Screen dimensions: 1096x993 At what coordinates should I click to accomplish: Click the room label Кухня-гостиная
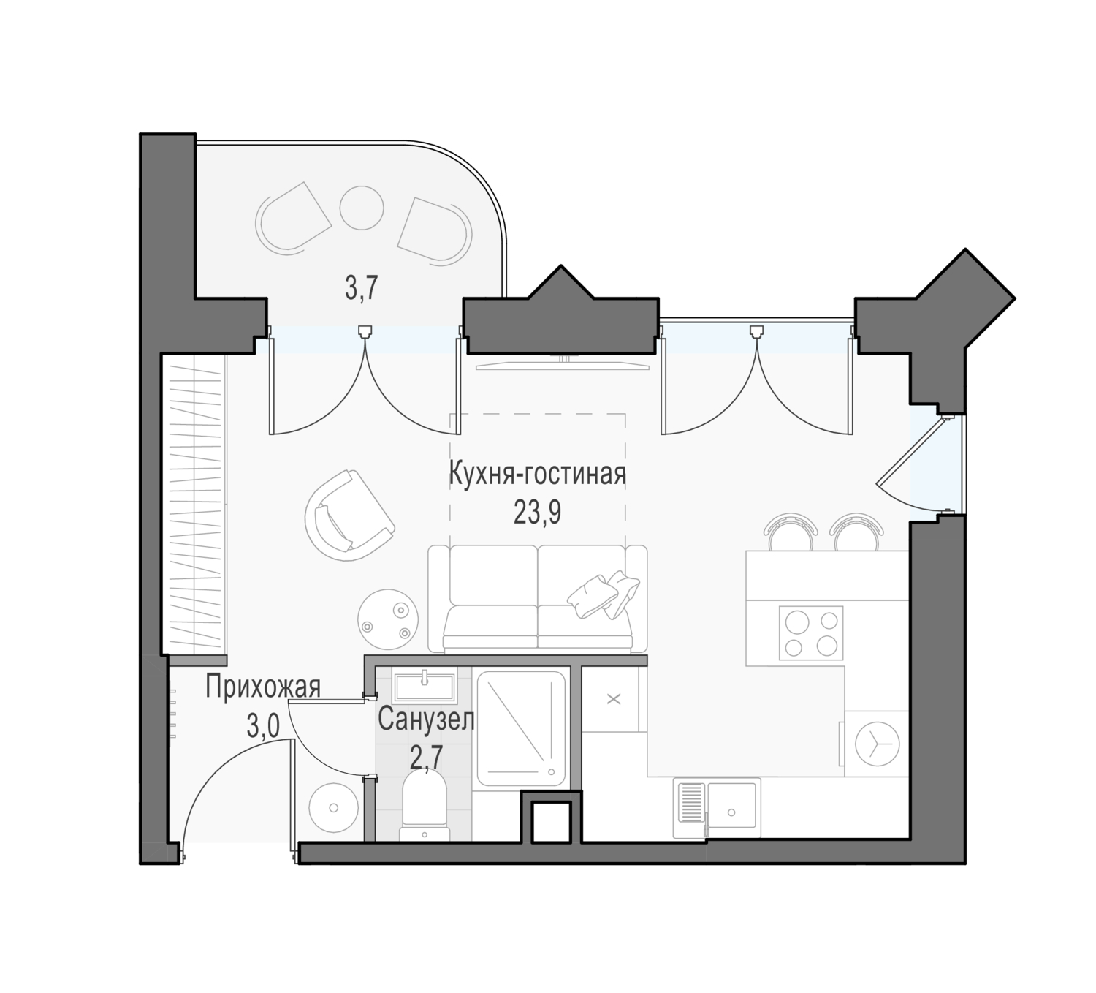pos(537,474)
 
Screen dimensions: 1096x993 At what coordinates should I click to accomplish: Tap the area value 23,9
pos(537,513)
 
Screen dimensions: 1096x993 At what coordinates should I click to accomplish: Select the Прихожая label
pos(262,687)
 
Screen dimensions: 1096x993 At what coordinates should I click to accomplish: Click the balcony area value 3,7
pos(362,288)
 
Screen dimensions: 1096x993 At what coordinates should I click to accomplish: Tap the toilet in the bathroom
pos(425,809)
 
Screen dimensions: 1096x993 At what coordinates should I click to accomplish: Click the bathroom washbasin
pos(425,687)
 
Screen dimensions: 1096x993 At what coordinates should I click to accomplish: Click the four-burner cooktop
pos(811,633)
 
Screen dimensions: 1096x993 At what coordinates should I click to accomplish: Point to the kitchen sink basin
pos(731,809)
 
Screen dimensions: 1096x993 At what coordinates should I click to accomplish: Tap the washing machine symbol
pos(876,744)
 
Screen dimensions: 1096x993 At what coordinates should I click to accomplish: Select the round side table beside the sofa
pos(389,619)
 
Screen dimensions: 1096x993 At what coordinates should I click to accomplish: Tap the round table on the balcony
pos(362,208)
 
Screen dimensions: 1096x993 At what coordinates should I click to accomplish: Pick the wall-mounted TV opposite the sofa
pos(563,363)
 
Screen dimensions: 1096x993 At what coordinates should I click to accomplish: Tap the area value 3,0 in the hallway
pos(263,727)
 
